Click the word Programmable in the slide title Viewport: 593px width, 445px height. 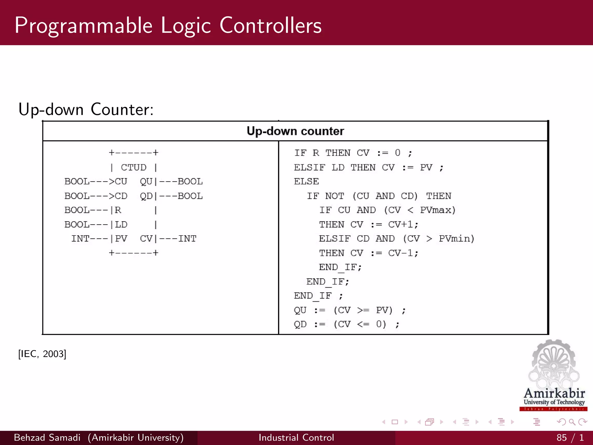pyautogui.click(x=83, y=26)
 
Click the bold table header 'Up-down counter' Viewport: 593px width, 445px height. pyautogui.click(x=295, y=131)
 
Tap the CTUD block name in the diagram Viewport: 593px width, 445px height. pyautogui.click(x=133, y=167)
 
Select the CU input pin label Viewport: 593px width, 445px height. pyautogui.click(x=121, y=182)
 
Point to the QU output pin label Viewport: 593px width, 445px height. pyautogui.click(x=146, y=182)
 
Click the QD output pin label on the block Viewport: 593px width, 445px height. pyautogui.click(x=146, y=196)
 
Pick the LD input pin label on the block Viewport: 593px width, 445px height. pyautogui.click(x=121, y=225)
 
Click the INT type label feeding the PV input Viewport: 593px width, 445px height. pyautogui.click(x=80, y=239)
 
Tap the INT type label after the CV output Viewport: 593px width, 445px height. pyautogui.click(x=187, y=239)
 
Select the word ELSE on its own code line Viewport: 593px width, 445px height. pyautogui.click(x=306, y=182)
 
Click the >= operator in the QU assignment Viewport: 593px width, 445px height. pyautogui.click(x=363, y=310)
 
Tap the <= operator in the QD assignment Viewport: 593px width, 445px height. pyautogui.click(x=363, y=324)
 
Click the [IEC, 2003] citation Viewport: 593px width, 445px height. pyautogui.click(x=42, y=354)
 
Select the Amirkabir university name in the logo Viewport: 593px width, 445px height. pyautogui.click(x=554, y=393)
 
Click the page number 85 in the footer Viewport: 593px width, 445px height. pyautogui.click(x=561, y=437)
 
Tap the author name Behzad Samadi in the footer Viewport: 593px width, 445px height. pyautogui.click(x=47, y=437)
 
